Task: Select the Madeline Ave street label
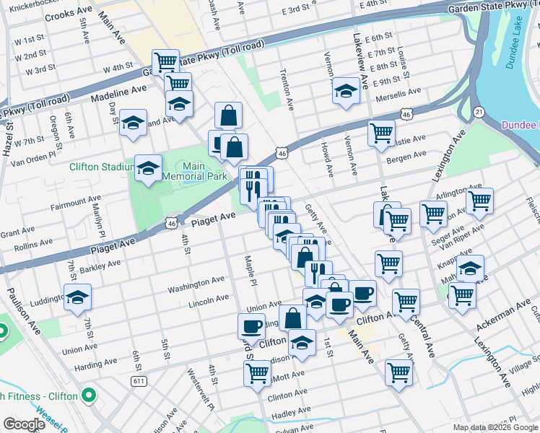pos(118,92)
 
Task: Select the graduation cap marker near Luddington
pos(77,297)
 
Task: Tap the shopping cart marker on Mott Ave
pos(257,372)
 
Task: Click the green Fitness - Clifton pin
pos(89,395)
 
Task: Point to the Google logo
pos(25,424)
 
